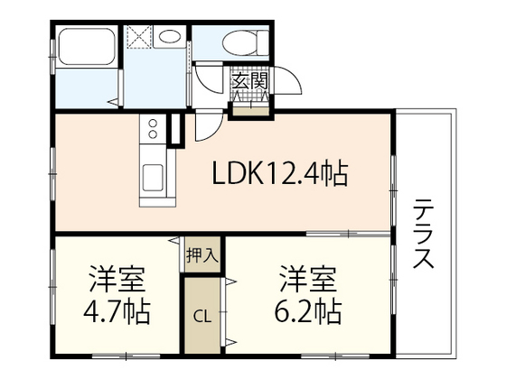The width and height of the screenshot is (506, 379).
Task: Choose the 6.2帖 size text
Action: pyautogui.click(x=307, y=313)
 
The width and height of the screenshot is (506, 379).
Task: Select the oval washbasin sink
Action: pyautogui.click(x=170, y=37)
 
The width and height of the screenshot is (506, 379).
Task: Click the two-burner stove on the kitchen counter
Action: pyautogui.click(x=152, y=133)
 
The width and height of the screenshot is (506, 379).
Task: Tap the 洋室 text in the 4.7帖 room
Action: pyautogui.click(x=115, y=275)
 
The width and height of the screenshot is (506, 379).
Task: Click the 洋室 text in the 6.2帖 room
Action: pyautogui.click(x=306, y=274)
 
